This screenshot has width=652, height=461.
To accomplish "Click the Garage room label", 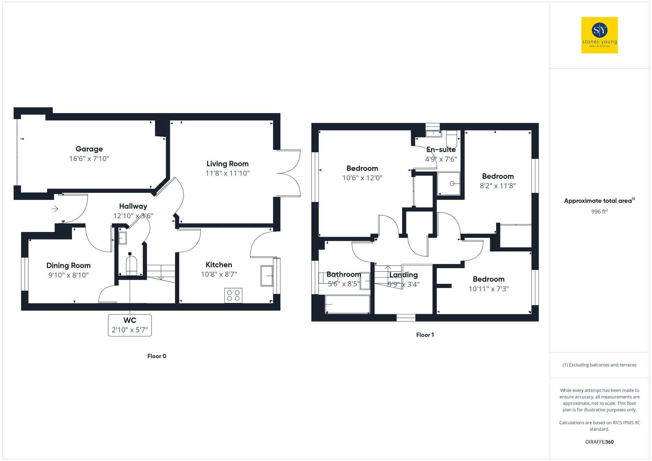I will pyautogui.click(x=89, y=149).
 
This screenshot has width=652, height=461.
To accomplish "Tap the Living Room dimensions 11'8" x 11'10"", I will pyautogui.click(x=228, y=173).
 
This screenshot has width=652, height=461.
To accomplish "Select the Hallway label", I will pyautogui.click(x=133, y=206).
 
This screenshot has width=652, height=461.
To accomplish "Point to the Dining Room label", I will pyautogui.click(x=68, y=266).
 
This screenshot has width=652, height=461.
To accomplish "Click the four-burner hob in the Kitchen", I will pyautogui.click(x=233, y=295).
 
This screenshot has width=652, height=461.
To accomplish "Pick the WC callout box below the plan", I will pyautogui.click(x=130, y=325).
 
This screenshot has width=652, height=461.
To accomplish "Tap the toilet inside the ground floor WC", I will pyautogui.click(x=131, y=266).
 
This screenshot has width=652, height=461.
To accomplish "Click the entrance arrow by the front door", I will pyautogui.click(x=55, y=209).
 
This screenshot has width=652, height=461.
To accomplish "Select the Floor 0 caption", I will pyautogui.click(x=157, y=356).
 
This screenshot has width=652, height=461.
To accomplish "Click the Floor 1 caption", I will pyautogui.click(x=425, y=335).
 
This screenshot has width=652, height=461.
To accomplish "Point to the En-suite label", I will pyautogui.click(x=441, y=150).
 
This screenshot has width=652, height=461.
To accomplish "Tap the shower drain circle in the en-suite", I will pyautogui.click(x=452, y=184).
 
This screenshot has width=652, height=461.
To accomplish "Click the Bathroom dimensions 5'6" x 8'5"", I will pyautogui.click(x=344, y=284).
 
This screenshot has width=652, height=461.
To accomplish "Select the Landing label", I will pyautogui.click(x=404, y=275).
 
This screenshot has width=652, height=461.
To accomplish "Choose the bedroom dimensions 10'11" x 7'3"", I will pyautogui.click(x=489, y=289).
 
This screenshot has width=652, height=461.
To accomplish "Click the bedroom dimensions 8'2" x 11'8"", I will pyautogui.click(x=498, y=186).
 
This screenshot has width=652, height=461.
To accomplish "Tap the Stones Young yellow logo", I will pyautogui.click(x=600, y=35).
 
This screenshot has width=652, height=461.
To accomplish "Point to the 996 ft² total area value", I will pyautogui.click(x=600, y=211).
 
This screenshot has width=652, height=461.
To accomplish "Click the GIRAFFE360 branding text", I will pyautogui.click(x=600, y=442).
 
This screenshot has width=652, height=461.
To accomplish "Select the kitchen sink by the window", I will pyautogui.click(x=267, y=276).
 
